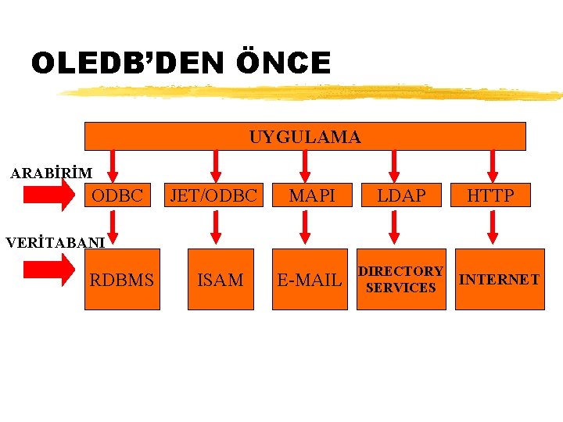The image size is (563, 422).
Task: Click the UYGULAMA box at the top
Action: pos(305,137)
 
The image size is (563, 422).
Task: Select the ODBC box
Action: pos(118,195)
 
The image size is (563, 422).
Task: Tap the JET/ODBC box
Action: pos(214,195)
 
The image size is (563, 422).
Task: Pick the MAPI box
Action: pos(312,195)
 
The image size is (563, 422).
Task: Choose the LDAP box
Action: pos(401,195)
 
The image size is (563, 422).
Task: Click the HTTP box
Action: pos(491,195)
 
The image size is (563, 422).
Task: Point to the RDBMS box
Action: pos(122,280)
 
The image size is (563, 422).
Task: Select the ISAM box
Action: pos(221,280)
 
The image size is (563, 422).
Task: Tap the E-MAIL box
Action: pos(310,280)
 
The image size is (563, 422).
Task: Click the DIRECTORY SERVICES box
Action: pos(401,280)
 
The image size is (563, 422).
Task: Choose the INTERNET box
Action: pos(499,280)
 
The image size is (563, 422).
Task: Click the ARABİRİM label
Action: pos(52,173)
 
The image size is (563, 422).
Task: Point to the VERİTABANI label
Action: pos(56,242)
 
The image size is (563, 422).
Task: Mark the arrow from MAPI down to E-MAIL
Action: pos(306,227)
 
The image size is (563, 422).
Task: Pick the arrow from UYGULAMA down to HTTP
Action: pos(492,165)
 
